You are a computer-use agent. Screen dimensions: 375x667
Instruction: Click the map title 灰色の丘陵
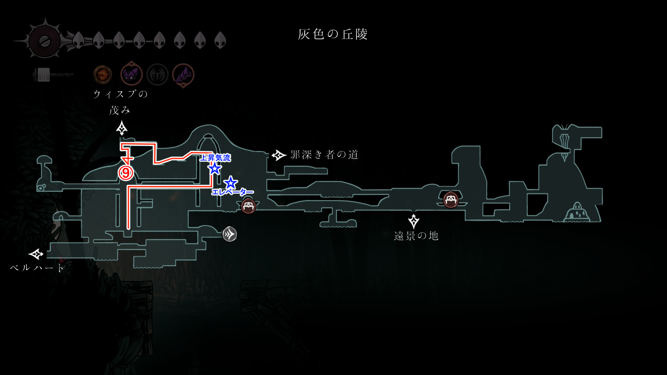pyautogui.click(x=333, y=34)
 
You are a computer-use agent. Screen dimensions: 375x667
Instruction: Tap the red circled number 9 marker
pyautogui.click(x=126, y=173)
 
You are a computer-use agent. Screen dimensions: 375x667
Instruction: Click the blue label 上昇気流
pyautogui.click(x=215, y=158)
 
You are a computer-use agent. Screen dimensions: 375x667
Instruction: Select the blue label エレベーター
pyautogui.click(x=232, y=192)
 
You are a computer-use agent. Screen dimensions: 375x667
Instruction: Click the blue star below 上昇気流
pyautogui.click(x=215, y=169)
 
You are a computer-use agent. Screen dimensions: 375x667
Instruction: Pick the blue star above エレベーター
pyautogui.click(x=231, y=183)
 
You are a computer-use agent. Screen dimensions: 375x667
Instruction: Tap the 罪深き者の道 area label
pyautogui.click(x=324, y=155)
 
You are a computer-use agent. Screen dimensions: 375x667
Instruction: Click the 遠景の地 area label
pyautogui.click(x=416, y=236)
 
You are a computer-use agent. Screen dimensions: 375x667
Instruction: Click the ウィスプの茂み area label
pyautogui.click(x=120, y=102)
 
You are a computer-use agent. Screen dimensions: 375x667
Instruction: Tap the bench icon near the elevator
pyautogui.click(x=248, y=206)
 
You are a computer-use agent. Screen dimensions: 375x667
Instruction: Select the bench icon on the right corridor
pyautogui.click(x=451, y=200)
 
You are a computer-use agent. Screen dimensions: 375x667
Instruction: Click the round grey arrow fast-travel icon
pyautogui.click(x=230, y=234)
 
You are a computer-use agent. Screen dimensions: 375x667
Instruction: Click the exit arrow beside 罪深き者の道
pyautogui.click(x=279, y=155)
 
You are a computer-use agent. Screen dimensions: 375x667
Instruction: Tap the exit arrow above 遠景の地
pyautogui.click(x=413, y=221)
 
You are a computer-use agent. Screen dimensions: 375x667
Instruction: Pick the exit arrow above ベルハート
pyautogui.click(x=36, y=254)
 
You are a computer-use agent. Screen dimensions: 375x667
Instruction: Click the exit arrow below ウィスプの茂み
pyautogui.click(x=122, y=128)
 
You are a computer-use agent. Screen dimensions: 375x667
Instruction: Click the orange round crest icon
pyautogui.click(x=102, y=75)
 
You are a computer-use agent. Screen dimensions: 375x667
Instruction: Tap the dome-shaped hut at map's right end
pyautogui.click(x=577, y=212)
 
